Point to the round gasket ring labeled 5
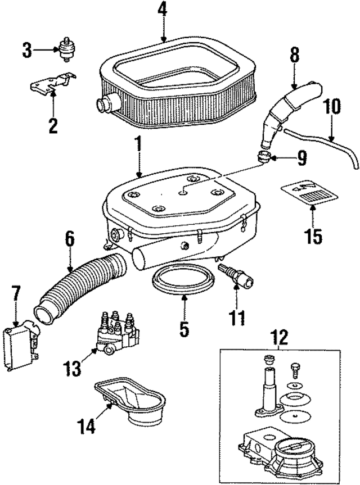pos(183,280)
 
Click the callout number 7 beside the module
pos(15,294)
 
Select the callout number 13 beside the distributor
pos(74,369)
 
